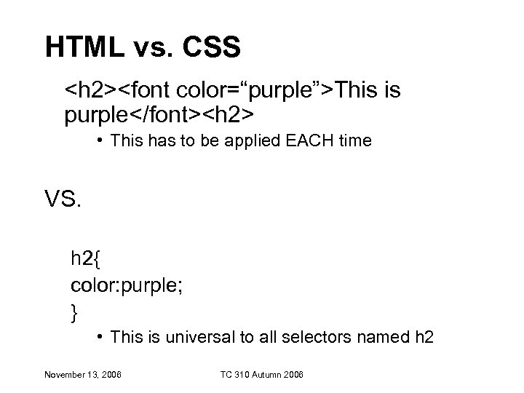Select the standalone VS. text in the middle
[64, 198]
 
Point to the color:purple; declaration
[127, 285]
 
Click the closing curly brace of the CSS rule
[74, 312]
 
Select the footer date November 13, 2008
[82, 375]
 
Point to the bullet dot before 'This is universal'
[100, 337]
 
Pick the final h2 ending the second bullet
[424, 337]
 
